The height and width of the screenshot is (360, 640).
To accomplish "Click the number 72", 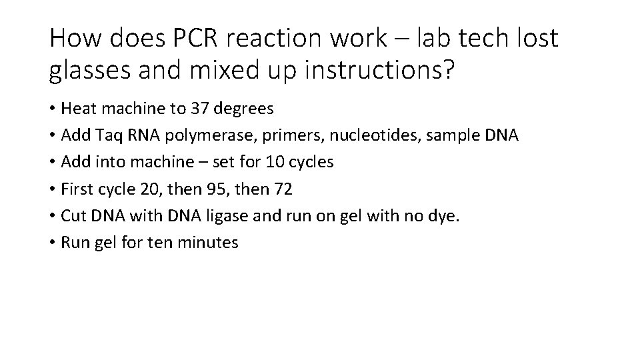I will click(x=283, y=189).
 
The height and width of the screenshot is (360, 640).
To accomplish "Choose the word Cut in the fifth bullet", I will click(x=72, y=216).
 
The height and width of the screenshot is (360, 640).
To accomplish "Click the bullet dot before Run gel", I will click(x=52, y=243).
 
